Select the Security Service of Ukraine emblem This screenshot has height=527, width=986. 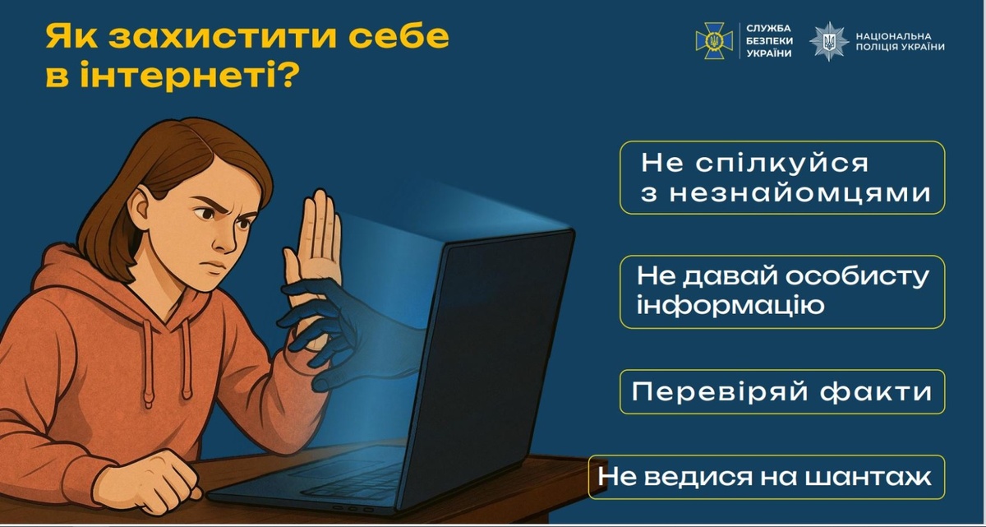pyautogui.click(x=714, y=40)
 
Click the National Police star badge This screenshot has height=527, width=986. pyautogui.click(x=829, y=41)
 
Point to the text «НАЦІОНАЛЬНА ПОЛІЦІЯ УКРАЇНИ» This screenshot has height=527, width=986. pyautogui.click(x=901, y=41)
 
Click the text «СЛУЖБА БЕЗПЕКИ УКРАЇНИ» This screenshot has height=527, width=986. pyautogui.click(x=769, y=41)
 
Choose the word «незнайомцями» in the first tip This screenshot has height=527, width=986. pyautogui.click(x=800, y=194)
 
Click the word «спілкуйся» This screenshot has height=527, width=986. pyautogui.click(x=781, y=163)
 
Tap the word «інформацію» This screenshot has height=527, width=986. pyautogui.click(x=730, y=306)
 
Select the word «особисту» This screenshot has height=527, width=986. pyautogui.click(x=857, y=277)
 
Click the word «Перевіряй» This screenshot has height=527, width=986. pyautogui.click(x=720, y=392)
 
